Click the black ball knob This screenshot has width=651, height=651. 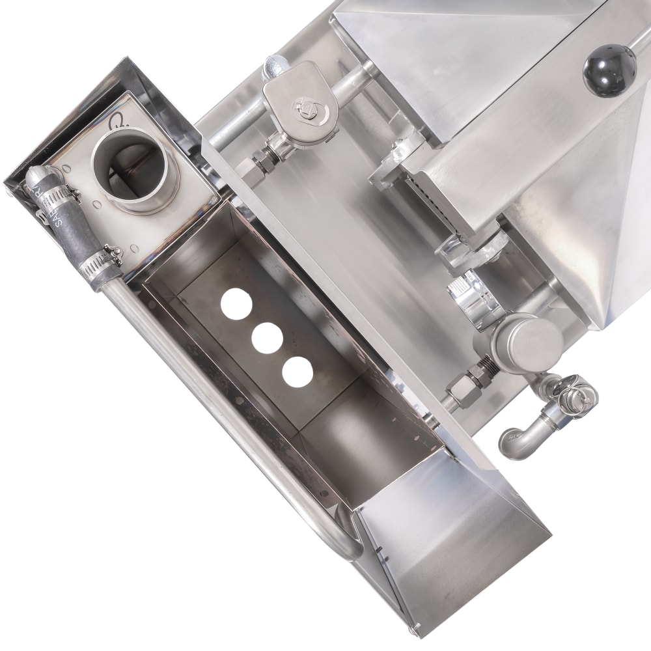(x=609, y=70)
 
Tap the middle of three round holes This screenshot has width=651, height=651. (x=268, y=338)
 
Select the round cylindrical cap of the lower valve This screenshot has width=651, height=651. (x=527, y=342)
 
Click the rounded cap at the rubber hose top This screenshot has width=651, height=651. (x=36, y=176)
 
